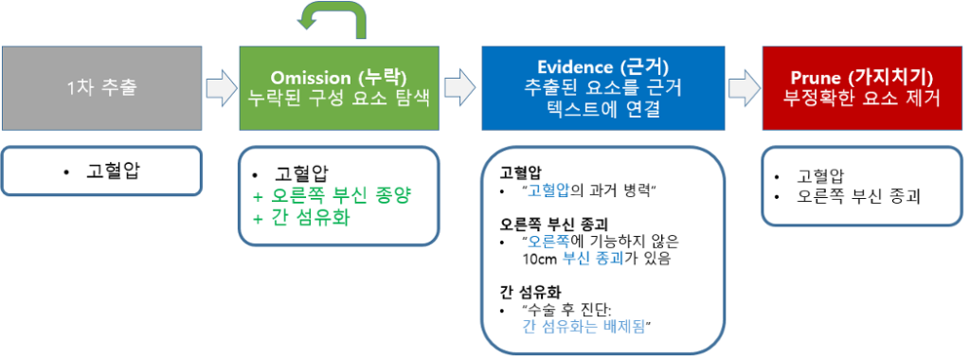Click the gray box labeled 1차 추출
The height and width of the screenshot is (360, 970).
pos(101,88)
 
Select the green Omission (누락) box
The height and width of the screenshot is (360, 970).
pos(339,88)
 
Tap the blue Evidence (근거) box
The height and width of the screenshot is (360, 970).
pos(602,88)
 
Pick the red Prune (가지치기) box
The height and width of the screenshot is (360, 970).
pos(862,88)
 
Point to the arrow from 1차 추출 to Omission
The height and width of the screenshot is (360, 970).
pos(221,88)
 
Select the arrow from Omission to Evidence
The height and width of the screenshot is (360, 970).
pos(460,88)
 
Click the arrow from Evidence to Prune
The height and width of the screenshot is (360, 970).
pos(743,88)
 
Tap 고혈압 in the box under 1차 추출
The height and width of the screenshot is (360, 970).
pos(114,171)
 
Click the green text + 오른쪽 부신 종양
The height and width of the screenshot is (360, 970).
pos(332,197)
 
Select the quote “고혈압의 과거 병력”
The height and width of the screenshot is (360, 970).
pos(589,191)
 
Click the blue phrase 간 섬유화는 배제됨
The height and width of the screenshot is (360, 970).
pos(584,327)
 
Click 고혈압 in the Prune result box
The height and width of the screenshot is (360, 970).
pos(819,176)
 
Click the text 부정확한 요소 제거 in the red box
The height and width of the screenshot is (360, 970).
pos(862,99)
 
